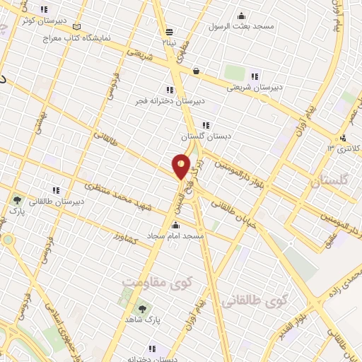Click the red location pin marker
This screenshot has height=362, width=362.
182,167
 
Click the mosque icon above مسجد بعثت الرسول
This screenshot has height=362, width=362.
241,16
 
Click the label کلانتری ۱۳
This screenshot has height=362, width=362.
344,148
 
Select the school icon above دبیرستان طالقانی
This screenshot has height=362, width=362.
55,190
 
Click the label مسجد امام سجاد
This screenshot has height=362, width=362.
175,234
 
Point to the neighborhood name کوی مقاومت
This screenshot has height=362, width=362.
148,284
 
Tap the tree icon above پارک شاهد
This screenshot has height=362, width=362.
144,309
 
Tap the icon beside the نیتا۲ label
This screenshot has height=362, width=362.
169,32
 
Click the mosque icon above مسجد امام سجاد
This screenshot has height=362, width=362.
175,224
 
